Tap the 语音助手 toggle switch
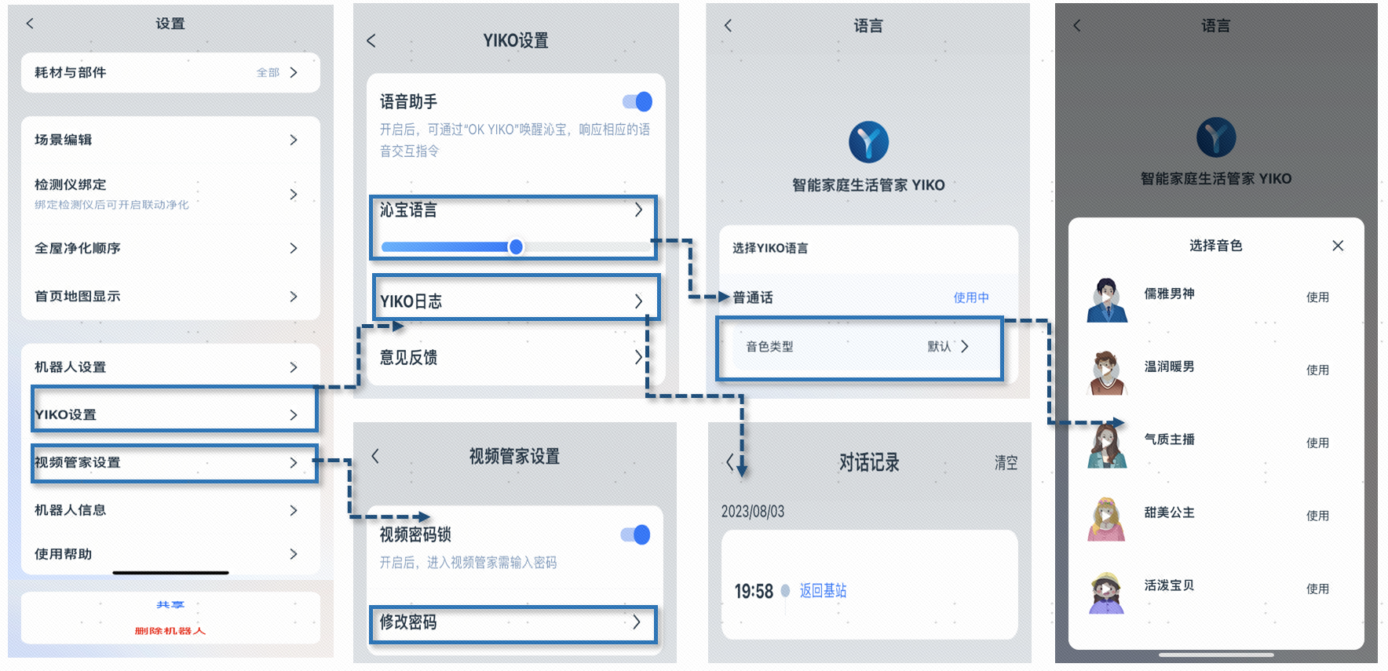pyautogui.click(x=637, y=101)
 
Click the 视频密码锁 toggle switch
pyautogui.click(x=636, y=534)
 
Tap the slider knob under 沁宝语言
pyautogui.click(x=516, y=246)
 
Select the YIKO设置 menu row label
pyautogui.click(x=66, y=414)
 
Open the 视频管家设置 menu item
pyautogui.click(x=79, y=462)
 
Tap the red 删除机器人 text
pyautogui.click(x=170, y=631)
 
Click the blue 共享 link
pyautogui.click(x=170, y=605)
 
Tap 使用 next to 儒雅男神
pyautogui.click(x=1317, y=297)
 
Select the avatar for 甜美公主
pyautogui.click(x=1107, y=519)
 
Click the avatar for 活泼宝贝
pyautogui.click(x=1107, y=592)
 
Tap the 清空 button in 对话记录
pyautogui.click(x=1006, y=462)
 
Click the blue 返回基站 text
pyautogui.click(x=823, y=591)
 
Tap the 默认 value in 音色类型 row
pyautogui.click(x=939, y=346)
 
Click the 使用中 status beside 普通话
pyautogui.click(x=971, y=297)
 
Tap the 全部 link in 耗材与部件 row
pyautogui.click(x=268, y=72)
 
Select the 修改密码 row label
pyautogui.click(x=408, y=622)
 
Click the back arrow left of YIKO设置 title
pyautogui.click(x=371, y=41)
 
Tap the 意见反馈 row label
pyautogui.click(x=408, y=358)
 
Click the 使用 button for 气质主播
pyautogui.click(x=1317, y=443)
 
